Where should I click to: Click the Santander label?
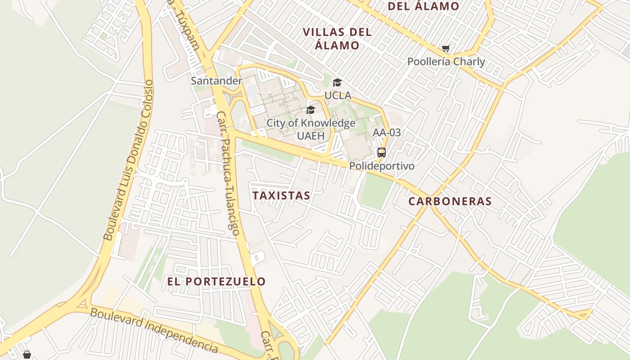tap(216, 81)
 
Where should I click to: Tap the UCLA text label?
tap(337, 96)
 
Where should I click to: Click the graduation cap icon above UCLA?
tap(337, 82)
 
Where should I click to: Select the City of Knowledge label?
tap(311, 123)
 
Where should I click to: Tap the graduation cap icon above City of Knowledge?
tap(310, 110)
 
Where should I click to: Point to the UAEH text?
tap(310, 135)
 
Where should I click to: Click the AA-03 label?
tap(387, 133)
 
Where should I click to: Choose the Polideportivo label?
tap(382, 166)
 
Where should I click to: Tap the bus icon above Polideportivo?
tap(382, 153)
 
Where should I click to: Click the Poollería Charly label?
tap(446, 62)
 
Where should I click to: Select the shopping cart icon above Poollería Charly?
tap(445, 49)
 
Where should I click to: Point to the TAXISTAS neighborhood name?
tap(281, 196)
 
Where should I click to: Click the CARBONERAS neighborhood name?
tap(450, 202)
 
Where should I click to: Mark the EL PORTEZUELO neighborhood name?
tap(216, 282)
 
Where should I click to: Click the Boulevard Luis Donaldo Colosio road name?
tap(129, 160)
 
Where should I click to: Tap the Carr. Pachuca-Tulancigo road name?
tap(228, 173)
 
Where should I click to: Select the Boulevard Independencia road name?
tap(155, 330)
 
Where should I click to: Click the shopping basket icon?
tap(27, 355)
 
